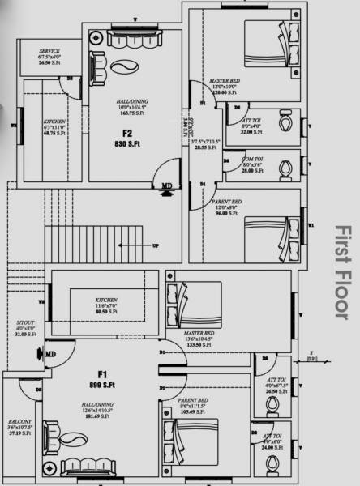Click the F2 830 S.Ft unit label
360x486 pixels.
(127, 139)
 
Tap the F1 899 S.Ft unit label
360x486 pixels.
(103, 378)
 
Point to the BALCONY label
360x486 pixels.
(21, 426)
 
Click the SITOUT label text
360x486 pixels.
(26, 328)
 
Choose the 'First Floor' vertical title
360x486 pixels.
(339, 271)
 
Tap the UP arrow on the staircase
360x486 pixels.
(156, 245)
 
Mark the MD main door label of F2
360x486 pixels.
(166, 185)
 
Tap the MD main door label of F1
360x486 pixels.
(50, 354)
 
